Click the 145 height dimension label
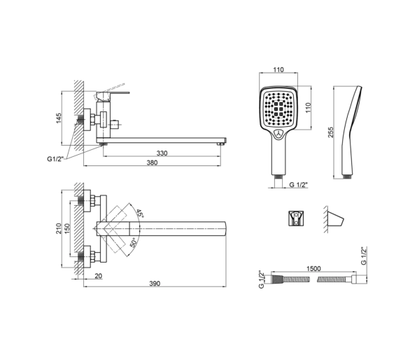pos(59,118)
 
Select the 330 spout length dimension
pos(162,153)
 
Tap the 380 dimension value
pos(152,162)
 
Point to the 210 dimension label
pos(58,228)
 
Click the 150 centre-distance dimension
pos(67,228)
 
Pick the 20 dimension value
pos(99,276)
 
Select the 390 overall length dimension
pos(155,283)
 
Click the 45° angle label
pos(140,214)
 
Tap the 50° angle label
pos(133,242)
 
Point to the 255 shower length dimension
pos(331,132)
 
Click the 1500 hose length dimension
pos(313,269)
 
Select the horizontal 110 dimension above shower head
pos(278,69)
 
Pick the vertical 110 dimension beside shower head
pos(308,108)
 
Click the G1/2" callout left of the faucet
pos(55,159)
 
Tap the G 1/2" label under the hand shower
pos(298,184)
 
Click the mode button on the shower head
pos(278,134)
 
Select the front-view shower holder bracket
pos(296,218)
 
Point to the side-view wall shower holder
pos(335,219)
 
